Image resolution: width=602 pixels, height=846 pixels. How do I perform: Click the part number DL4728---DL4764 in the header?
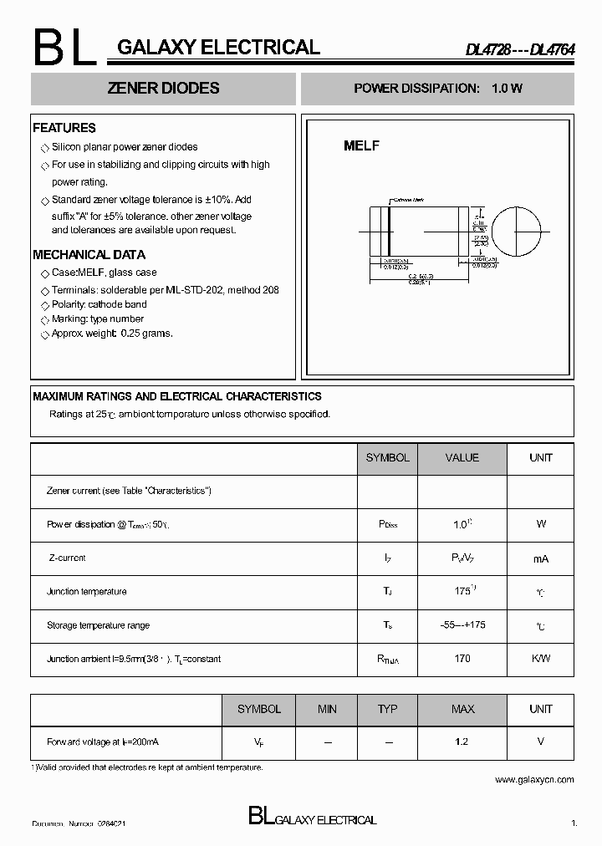519,48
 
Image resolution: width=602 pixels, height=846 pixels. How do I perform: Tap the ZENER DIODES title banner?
164,89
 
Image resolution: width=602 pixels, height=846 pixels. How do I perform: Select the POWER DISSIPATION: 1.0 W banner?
437,89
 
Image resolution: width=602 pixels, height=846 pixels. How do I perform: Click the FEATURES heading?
64,128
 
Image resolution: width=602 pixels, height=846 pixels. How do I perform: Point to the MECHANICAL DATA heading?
89,255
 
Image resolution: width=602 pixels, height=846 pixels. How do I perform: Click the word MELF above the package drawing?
362,145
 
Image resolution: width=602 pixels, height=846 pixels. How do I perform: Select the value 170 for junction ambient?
462,659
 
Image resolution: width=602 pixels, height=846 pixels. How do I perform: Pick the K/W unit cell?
540,659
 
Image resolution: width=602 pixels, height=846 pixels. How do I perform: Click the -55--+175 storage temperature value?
462,625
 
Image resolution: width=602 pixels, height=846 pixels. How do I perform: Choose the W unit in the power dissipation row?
540,524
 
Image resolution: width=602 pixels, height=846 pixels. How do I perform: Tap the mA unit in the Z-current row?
540,558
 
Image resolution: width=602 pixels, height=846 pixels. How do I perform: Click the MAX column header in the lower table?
462,709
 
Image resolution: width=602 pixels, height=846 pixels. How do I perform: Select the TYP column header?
387,709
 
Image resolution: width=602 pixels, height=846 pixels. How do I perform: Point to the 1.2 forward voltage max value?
462,742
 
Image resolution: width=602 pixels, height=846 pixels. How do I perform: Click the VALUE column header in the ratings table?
462,457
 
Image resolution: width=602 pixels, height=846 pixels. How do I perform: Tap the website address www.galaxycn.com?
534,780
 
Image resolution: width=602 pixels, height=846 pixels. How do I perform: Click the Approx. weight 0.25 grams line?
112,334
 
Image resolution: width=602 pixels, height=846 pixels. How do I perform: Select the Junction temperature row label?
87,592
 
